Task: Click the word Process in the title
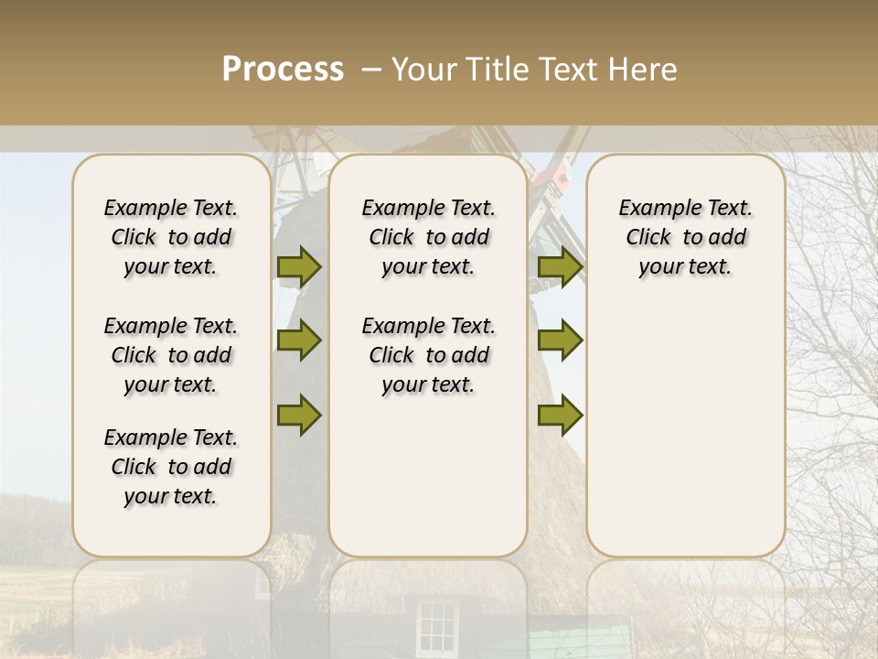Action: tap(283, 70)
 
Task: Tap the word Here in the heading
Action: tap(639, 70)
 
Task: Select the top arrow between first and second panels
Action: tap(299, 266)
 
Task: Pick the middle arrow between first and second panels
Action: tap(299, 340)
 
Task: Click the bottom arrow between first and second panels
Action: tap(299, 415)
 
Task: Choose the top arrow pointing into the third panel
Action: tap(560, 266)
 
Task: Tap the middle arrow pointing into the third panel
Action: tap(560, 340)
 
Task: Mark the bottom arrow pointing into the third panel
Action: tap(560, 415)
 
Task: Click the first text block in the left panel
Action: tap(171, 237)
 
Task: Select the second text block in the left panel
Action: tap(171, 355)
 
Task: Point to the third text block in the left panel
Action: tap(171, 467)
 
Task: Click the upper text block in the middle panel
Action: tap(428, 237)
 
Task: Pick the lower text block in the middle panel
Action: tap(428, 355)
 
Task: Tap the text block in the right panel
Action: tap(685, 237)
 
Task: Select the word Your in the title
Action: tap(425, 70)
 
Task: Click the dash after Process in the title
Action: tap(370, 70)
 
